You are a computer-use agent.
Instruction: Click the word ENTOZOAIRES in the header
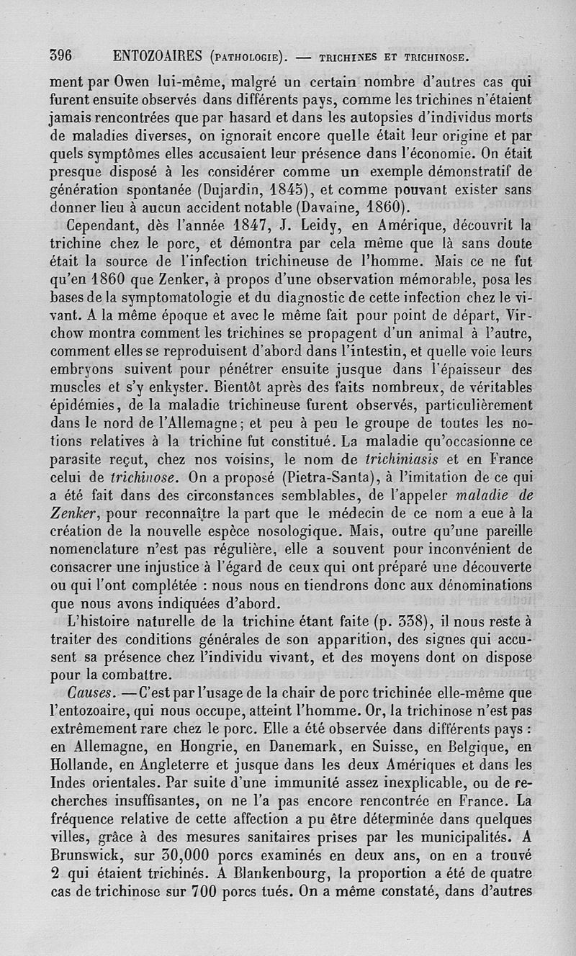pos(154,55)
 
